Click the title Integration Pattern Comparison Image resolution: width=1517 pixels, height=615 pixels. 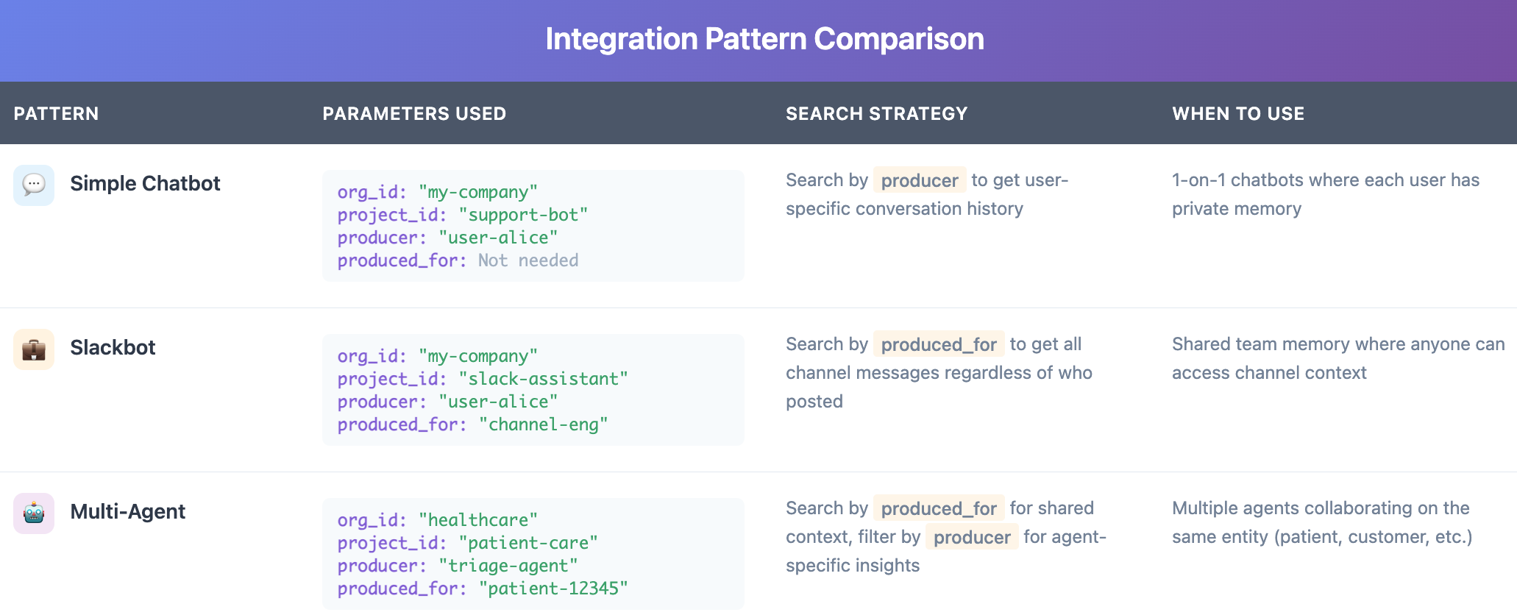click(x=764, y=39)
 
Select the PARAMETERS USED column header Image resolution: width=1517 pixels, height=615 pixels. click(x=414, y=114)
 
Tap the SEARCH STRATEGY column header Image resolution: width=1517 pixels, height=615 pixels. click(x=876, y=114)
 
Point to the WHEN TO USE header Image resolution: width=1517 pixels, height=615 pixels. click(x=1237, y=114)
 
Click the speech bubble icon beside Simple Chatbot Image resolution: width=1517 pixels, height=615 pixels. click(x=34, y=185)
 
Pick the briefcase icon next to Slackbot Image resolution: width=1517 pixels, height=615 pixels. click(x=34, y=349)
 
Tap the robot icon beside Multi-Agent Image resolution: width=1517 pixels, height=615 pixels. click(x=34, y=513)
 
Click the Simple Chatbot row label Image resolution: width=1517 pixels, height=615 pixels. click(x=145, y=183)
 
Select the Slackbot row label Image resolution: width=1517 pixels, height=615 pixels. click(x=113, y=347)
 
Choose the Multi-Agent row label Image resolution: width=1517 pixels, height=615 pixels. click(x=127, y=511)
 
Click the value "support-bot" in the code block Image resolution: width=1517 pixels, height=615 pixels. click(x=522, y=215)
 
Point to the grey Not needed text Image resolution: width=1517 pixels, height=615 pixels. click(x=527, y=260)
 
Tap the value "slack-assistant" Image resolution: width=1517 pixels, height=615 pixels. click(x=543, y=379)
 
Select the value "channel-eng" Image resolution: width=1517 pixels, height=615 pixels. click(x=543, y=424)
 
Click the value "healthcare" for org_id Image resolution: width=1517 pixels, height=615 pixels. click(x=477, y=520)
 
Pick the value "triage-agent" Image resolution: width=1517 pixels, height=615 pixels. click(x=508, y=566)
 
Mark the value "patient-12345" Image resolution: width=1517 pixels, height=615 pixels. click(x=553, y=589)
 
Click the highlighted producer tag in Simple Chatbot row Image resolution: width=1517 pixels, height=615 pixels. click(x=919, y=180)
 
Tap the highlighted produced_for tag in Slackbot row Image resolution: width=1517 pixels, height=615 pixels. click(x=938, y=344)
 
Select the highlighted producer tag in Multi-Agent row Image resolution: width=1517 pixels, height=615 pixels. click(x=971, y=537)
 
